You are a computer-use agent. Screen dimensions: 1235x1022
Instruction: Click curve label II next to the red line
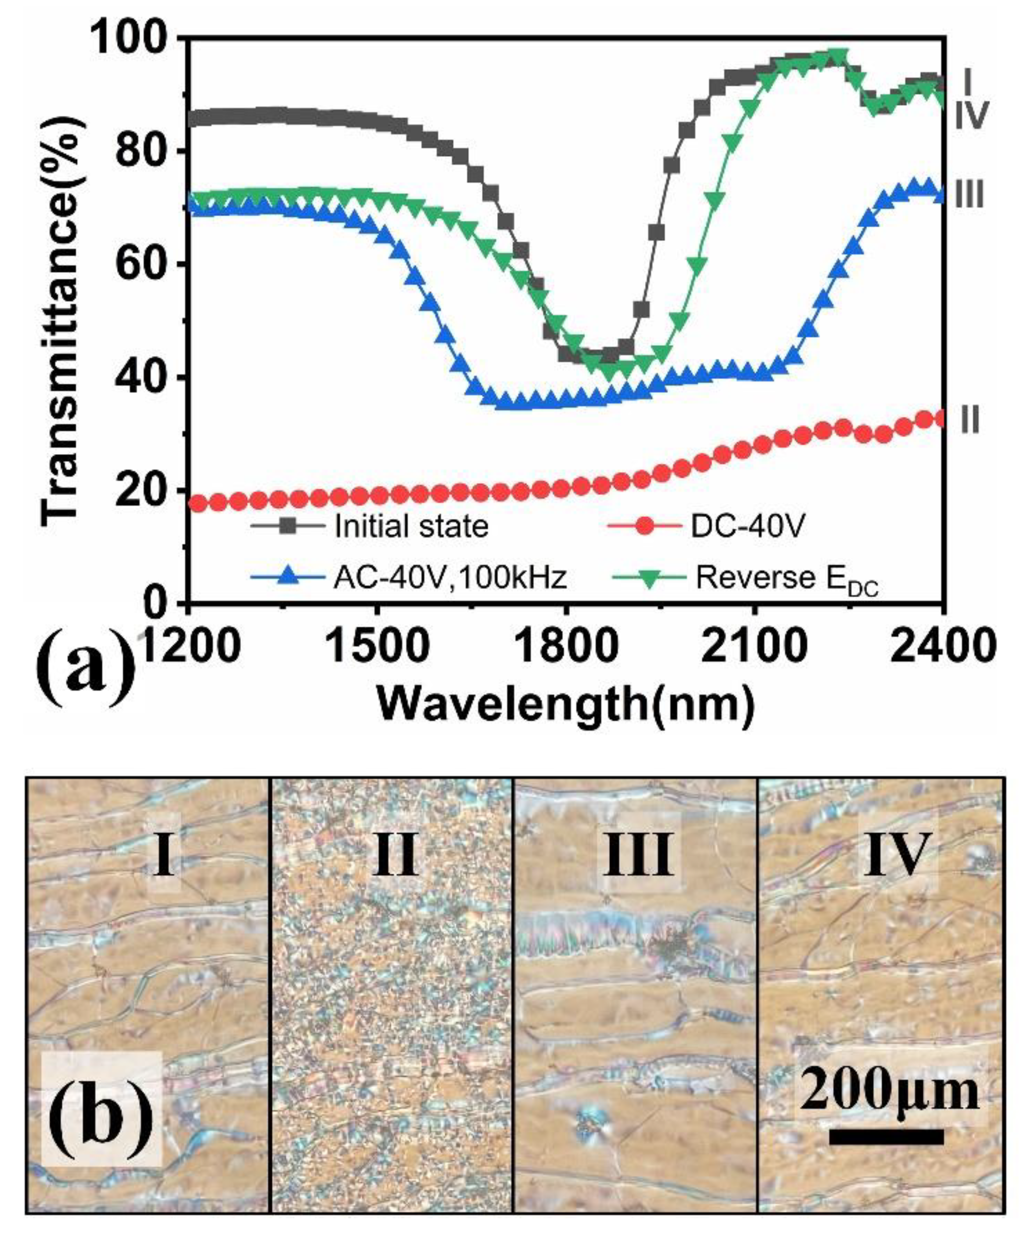click(x=970, y=421)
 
